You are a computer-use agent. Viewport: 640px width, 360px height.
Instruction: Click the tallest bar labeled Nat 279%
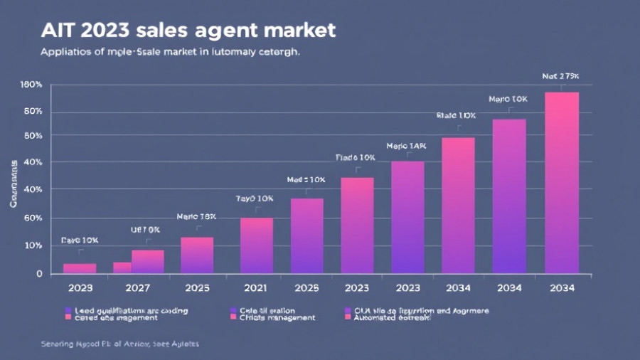click(562, 183)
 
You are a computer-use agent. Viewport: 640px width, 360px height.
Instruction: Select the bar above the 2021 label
click(256, 245)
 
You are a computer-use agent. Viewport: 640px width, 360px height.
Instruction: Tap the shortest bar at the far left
click(80, 268)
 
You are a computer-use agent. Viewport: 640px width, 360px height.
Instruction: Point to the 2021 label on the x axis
click(256, 288)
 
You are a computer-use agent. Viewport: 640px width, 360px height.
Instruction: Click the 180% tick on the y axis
click(31, 85)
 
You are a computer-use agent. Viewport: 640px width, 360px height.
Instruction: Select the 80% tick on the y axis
click(33, 112)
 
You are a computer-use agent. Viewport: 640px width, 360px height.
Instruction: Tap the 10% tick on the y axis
click(33, 245)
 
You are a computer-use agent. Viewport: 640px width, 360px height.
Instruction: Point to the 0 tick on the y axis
click(40, 274)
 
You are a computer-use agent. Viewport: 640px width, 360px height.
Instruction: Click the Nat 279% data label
click(560, 75)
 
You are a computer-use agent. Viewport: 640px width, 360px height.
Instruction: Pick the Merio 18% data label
click(196, 216)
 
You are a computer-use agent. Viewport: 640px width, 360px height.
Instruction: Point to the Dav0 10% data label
click(80, 240)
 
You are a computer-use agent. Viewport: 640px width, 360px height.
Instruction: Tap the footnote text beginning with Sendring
click(119, 344)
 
